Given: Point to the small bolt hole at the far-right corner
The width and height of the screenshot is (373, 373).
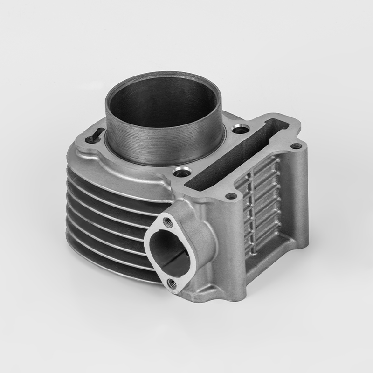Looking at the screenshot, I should point(294,146).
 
